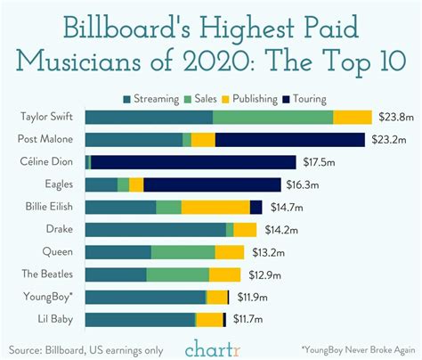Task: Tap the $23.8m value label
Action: coord(394,117)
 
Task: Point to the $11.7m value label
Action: coord(250,318)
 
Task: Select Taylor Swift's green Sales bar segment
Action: coord(272,117)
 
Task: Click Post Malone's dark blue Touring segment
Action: coord(289,139)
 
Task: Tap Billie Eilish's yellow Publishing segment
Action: coord(215,207)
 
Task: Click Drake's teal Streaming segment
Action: coord(156,229)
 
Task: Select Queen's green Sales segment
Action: coord(183,251)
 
